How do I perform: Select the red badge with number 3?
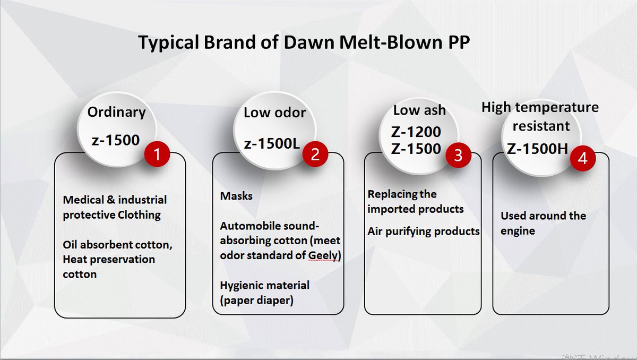coord(457,155)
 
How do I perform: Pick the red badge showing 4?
coord(582,159)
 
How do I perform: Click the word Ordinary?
coord(116,113)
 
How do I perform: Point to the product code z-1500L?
coord(272,144)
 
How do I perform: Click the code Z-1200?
coord(416,132)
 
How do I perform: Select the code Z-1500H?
coord(538,149)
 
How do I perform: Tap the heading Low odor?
coord(275,113)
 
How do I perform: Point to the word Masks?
coord(236,196)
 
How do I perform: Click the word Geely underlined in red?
coord(323,256)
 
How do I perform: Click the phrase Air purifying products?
coord(424,232)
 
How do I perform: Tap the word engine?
coord(518,231)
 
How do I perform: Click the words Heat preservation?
coord(109,260)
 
